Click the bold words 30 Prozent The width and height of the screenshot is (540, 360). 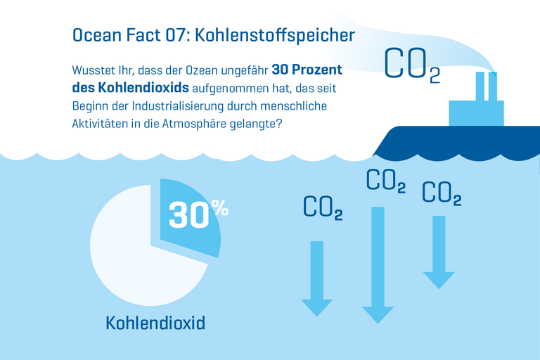pyautogui.click(x=307, y=72)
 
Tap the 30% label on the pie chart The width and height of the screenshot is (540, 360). pyautogui.click(x=198, y=213)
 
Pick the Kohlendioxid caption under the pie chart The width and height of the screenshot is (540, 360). pyautogui.click(x=155, y=323)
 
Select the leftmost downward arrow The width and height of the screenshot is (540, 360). pyautogui.click(x=317, y=278)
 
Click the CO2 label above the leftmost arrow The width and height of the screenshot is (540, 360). pyautogui.click(x=323, y=207)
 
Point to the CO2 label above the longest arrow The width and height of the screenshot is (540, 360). pyautogui.click(x=386, y=181)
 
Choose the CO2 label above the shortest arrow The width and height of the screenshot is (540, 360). pyautogui.click(x=442, y=193)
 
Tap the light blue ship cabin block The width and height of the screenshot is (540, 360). pyautogui.click(x=476, y=112)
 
